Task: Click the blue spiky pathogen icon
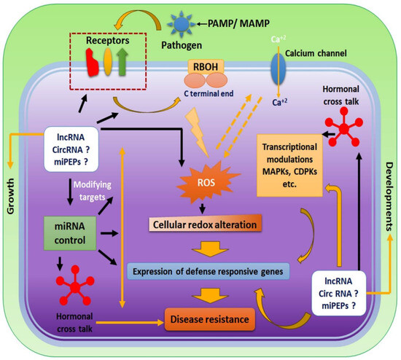coord(179,23)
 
